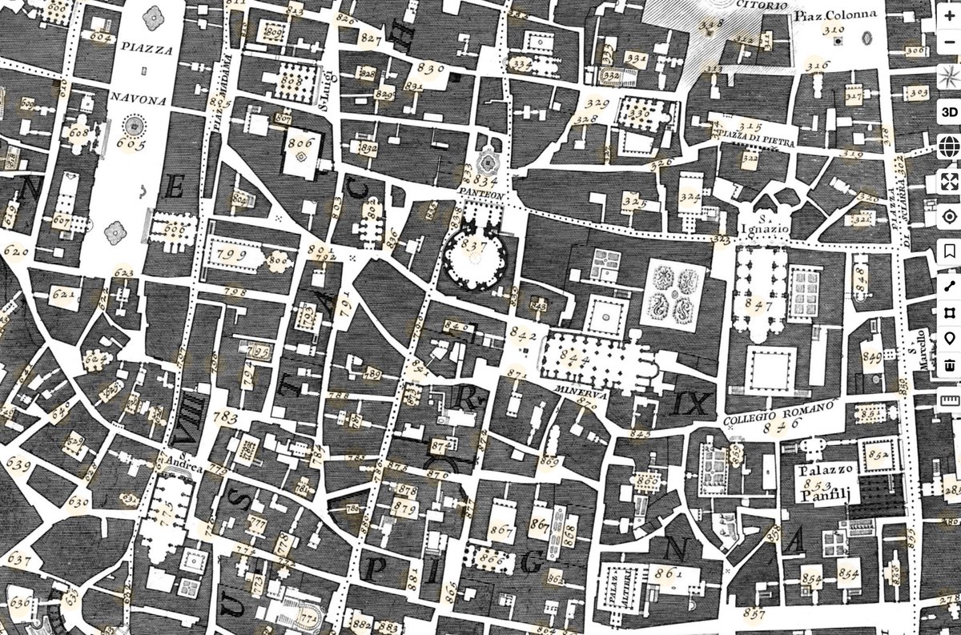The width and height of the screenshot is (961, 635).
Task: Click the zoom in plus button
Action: click(949, 15)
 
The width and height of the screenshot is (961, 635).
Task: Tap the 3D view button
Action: click(949, 111)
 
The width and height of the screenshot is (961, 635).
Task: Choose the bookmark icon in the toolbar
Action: click(949, 251)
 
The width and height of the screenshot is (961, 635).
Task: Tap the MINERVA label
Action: click(582, 393)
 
